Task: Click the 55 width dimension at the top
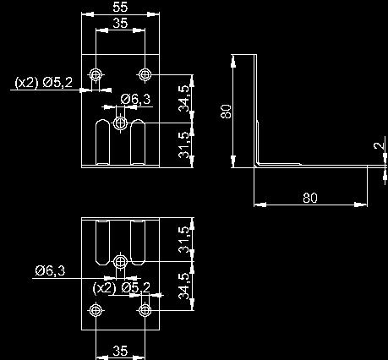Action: tap(120, 7)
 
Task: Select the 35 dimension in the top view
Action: tap(120, 23)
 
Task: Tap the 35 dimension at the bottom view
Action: tap(120, 351)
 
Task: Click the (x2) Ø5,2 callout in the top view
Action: tap(44, 82)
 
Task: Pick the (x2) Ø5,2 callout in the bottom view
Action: tap(122, 287)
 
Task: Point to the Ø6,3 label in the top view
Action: tap(135, 99)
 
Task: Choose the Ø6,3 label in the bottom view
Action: tap(50, 270)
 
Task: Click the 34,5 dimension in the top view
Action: tap(183, 98)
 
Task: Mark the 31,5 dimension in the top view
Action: tap(183, 145)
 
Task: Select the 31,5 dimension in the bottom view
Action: tap(183, 239)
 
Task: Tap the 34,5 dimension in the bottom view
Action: tap(183, 286)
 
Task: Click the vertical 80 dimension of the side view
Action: tap(227, 112)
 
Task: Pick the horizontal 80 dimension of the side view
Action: tap(310, 198)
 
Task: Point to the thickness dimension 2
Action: tap(379, 145)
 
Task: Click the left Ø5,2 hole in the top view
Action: tap(96, 74)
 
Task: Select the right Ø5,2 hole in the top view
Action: tap(145, 74)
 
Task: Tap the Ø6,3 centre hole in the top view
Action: tap(120, 123)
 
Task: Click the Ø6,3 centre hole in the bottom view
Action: tap(120, 262)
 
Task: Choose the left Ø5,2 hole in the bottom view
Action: tap(96, 310)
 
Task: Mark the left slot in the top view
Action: tap(103, 142)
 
